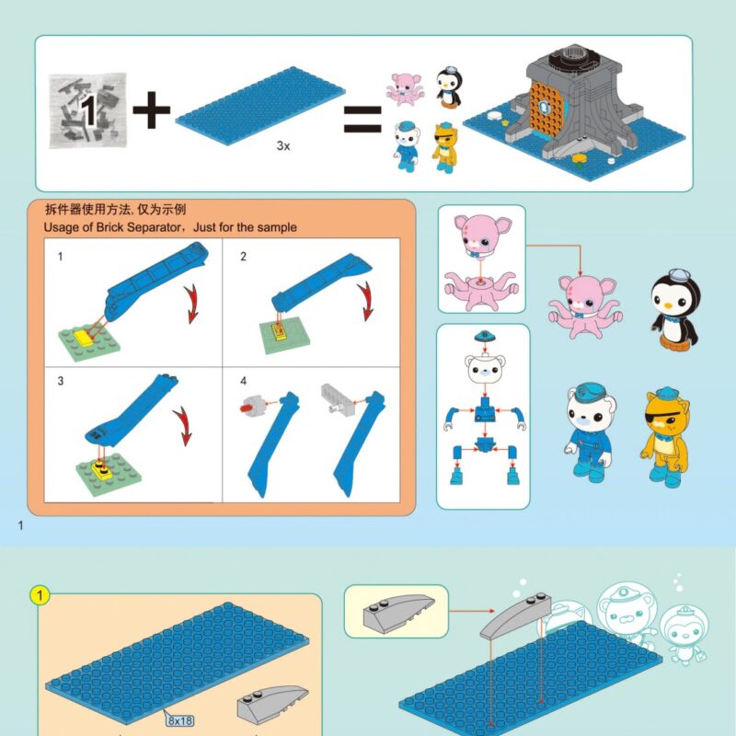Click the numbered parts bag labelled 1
(x=87, y=110)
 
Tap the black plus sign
(x=151, y=110)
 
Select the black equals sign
(x=362, y=119)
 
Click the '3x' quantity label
(x=283, y=146)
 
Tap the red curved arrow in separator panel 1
(x=192, y=304)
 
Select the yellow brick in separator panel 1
(x=84, y=337)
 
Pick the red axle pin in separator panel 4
(x=245, y=408)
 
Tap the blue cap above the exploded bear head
(x=486, y=336)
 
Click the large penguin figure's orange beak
(x=668, y=305)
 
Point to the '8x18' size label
(x=179, y=720)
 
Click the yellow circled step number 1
(x=40, y=595)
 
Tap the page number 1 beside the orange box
(x=20, y=525)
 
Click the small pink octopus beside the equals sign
(x=405, y=88)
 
